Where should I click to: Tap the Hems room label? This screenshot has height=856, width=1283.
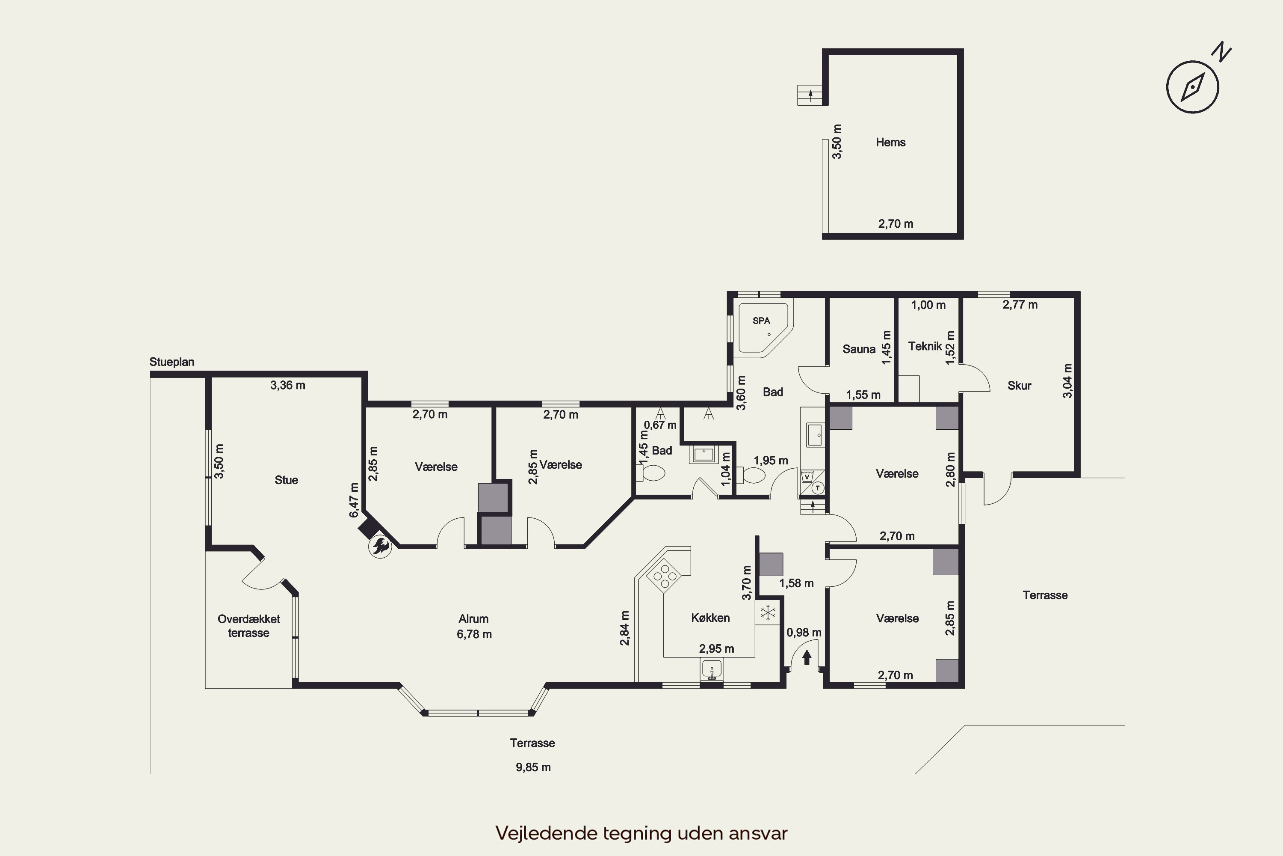click(x=890, y=143)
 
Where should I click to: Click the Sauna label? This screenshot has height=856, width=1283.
click(x=859, y=349)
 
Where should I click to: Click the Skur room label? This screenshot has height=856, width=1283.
click(x=1019, y=386)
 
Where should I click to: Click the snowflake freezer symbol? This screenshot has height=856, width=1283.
click(x=768, y=612)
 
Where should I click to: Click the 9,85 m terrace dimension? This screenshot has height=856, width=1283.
click(x=533, y=767)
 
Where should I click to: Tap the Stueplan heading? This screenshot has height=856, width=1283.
click(x=172, y=362)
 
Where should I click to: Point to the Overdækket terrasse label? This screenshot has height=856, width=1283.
click(x=249, y=626)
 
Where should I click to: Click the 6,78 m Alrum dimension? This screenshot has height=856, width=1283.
click(x=474, y=634)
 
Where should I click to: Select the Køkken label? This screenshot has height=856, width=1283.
click(x=710, y=618)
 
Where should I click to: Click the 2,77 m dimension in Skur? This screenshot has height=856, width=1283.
click(x=1020, y=305)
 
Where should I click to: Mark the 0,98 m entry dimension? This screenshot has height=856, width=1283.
click(x=804, y=632)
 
